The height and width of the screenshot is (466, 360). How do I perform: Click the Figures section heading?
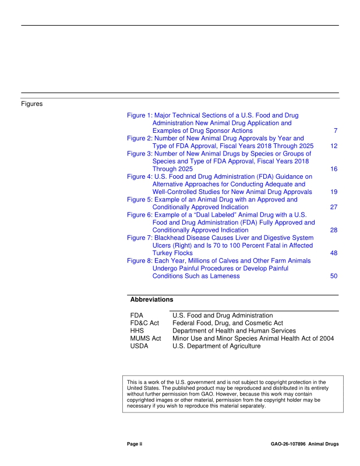34,104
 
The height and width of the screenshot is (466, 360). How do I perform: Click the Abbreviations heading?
151,299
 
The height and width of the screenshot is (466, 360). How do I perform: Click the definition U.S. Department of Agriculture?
217,345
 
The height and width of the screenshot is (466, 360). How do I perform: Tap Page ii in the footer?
135,444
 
